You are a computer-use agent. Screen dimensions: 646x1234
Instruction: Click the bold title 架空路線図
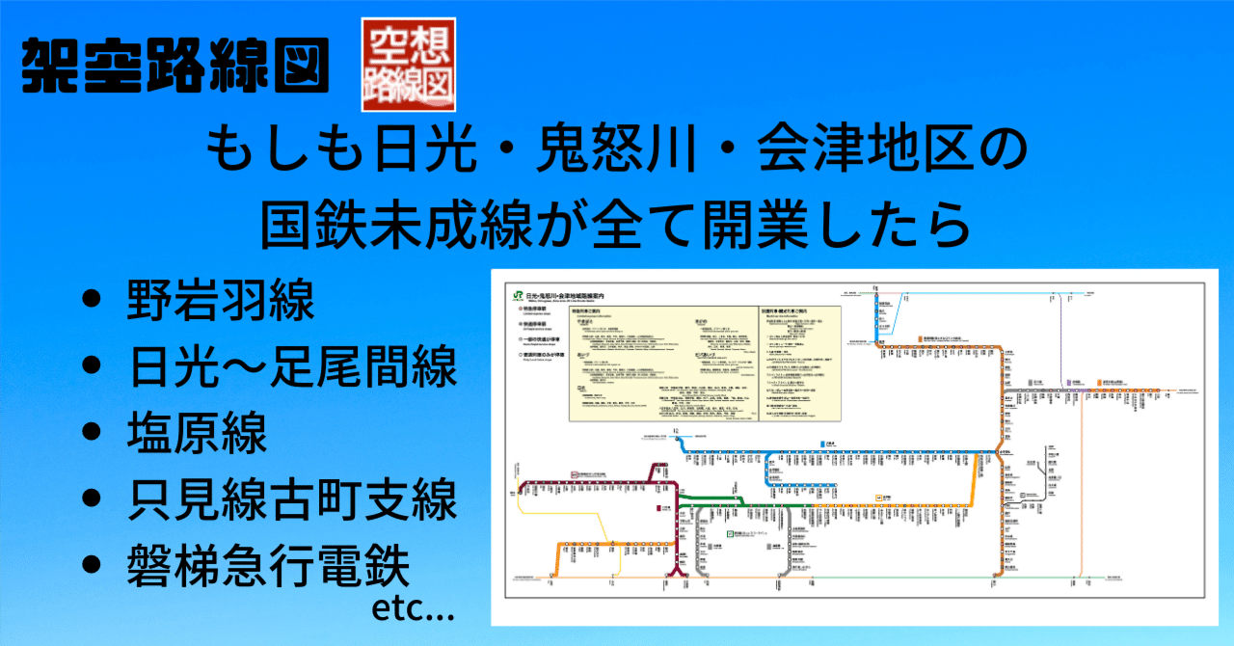(175, 66)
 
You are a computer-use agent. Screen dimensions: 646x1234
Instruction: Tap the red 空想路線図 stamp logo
(408, 63)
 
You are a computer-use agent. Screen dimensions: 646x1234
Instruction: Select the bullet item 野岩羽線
(220, 301)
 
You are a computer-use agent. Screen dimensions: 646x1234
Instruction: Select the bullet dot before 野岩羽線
(94, 301)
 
